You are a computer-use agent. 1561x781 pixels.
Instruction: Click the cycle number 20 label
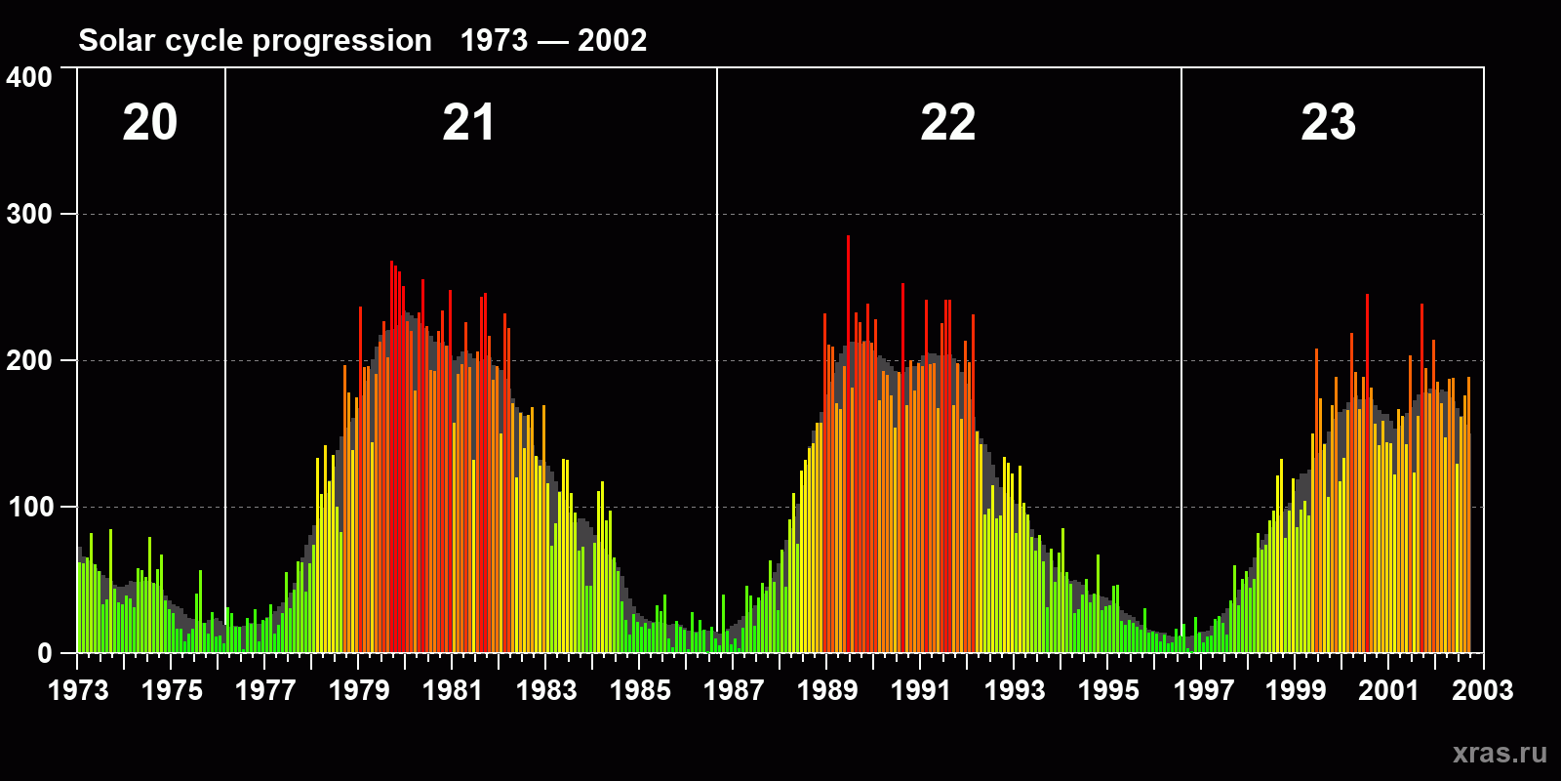click(150, 123)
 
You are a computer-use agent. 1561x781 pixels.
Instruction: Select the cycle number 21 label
click(469, 123)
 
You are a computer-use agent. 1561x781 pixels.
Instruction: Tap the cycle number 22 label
click(948, 123)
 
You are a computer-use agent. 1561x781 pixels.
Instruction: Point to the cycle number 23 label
click(1329, 123)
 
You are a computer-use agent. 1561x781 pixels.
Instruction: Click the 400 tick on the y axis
click(29, 78)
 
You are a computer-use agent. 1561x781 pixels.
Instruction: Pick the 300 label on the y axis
click(29, 214)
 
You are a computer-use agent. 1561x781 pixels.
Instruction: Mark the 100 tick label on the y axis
click(29, 507)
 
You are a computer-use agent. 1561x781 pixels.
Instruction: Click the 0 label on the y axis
click(44, 653)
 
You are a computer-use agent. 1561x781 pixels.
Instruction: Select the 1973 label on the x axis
click(78, 690)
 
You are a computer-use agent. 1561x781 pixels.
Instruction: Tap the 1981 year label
click(453, 690)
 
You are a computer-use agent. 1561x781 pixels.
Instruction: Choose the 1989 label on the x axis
click(827, 690)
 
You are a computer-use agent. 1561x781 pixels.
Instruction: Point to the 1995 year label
click(1108, 690)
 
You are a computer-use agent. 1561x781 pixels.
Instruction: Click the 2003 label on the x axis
click(1482, 690)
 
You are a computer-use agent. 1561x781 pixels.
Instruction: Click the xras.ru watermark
click(1500, 753)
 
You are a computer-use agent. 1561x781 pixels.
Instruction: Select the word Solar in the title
click(114, 41)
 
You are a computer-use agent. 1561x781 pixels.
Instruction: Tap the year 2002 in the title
click(612, 41)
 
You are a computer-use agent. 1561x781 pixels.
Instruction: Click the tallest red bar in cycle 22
click(848, 439)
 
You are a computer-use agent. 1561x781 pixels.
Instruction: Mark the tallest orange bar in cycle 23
click(1367, 469)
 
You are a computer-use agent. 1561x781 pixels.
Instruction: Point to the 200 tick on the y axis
click(29, 360)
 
